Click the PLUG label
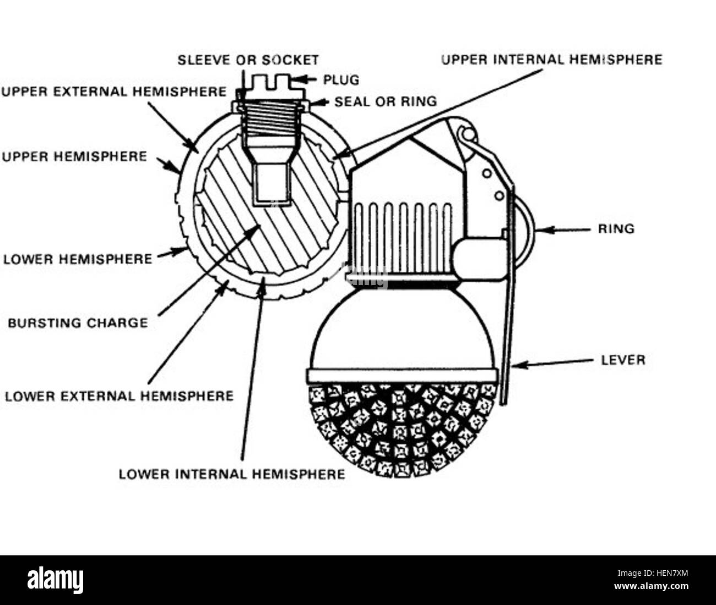click(341, 80)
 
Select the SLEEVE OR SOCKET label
click(248, 60)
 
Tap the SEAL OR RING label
click(386, 101)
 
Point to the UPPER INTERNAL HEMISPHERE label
click(552, 60)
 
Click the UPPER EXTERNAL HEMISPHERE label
click(114, 92)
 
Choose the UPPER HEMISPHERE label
click(74, 157)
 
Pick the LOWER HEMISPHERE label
click(78, 259)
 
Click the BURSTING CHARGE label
click(78, 323)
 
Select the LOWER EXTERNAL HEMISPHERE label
click(120, 396)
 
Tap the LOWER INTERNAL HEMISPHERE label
click(232, 474)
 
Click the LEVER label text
click(623, 360)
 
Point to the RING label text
click(616, 229)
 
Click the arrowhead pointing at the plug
click(297, 80)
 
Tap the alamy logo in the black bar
click(56, 580)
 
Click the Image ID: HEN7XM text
click(653, 573)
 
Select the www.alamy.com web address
click(651, 586)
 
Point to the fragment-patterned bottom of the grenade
click(402, 430)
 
